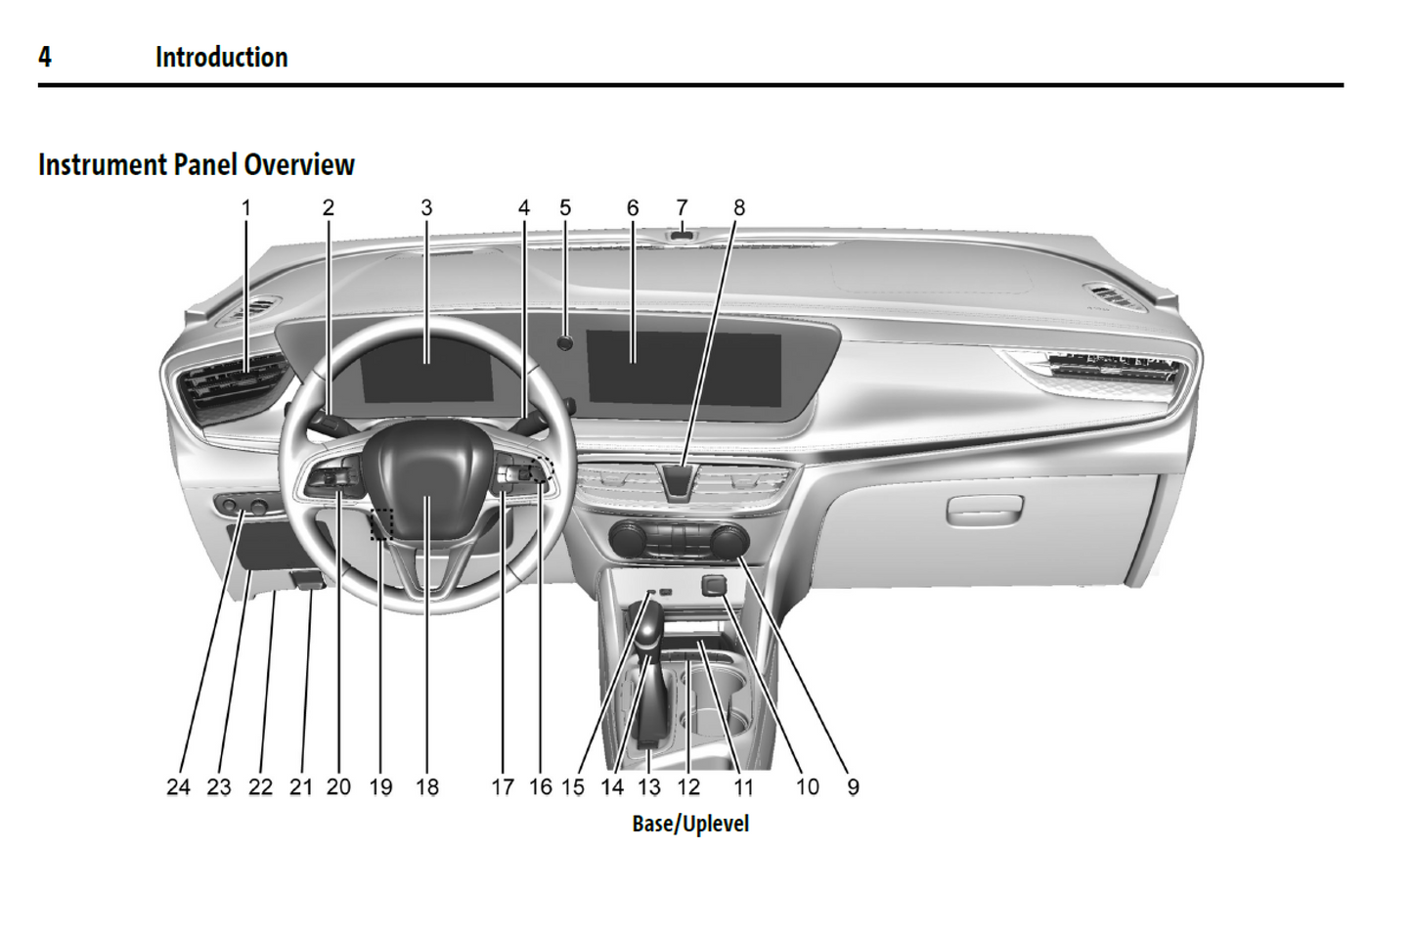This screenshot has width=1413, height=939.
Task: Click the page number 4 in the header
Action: [45, 57]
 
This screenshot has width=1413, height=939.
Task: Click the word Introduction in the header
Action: [221, 57]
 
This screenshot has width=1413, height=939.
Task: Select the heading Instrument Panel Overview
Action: [196, 164]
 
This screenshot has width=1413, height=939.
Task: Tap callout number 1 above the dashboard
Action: [246, 207]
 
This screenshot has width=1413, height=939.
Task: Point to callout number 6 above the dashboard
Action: [633, 207]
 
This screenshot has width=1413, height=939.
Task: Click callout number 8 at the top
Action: [739, 207]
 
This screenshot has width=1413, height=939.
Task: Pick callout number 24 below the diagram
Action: [178, 786]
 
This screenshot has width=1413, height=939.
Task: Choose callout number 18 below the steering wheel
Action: [427, 786]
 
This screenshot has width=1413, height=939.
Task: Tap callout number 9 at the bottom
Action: [853, 786]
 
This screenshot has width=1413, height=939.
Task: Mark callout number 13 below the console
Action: [649, 786]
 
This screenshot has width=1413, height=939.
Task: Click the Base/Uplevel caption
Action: [690, 824]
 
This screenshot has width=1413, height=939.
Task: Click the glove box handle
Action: [984, 508]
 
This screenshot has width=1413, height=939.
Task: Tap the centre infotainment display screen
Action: [684, 367]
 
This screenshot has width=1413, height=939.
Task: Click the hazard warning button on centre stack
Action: [680, 480]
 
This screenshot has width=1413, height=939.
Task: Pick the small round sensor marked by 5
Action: [565, 342]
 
